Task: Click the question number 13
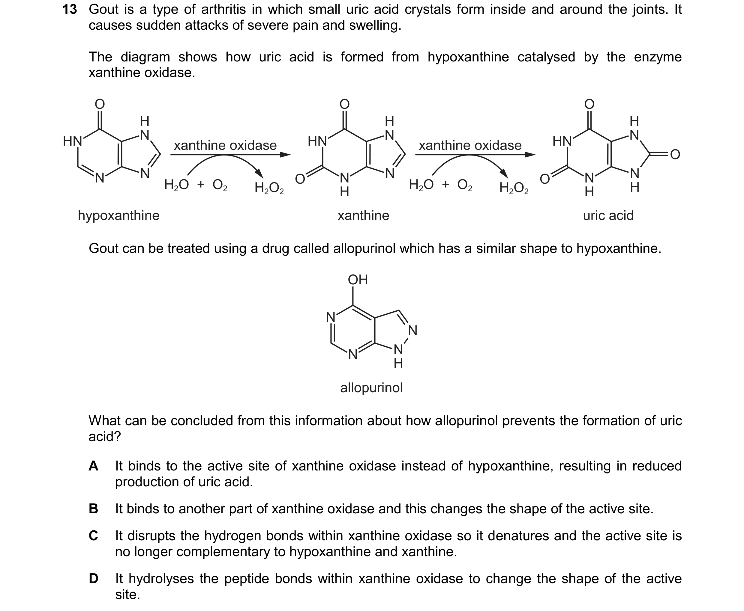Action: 70,10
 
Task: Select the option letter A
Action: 93,466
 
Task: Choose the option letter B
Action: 93,509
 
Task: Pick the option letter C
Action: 93,536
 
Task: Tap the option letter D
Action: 93,579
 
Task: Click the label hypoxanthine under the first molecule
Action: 119,215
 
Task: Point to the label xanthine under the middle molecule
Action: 363,215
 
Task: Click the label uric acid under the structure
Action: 608,215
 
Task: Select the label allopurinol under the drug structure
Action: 371,388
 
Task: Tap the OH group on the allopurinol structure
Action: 358,280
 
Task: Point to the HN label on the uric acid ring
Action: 562,141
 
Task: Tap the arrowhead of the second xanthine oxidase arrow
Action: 530,155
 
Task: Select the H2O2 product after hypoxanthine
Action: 269,188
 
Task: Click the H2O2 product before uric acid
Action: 514,188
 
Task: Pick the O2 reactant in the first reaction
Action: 220,185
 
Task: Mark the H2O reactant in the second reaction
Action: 421,185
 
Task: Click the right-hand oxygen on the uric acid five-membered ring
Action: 675,155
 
